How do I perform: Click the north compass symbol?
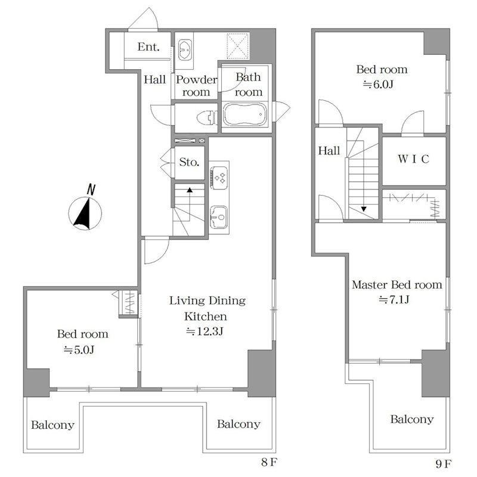85,210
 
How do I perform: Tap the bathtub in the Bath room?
245,114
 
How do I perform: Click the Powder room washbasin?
185,49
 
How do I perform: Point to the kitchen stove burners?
218,178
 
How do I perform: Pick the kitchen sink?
218,217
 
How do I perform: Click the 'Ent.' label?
148,47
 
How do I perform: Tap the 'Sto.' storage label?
189,162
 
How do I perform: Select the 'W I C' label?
413,159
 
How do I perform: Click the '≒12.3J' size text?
205,332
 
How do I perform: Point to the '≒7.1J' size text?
394,300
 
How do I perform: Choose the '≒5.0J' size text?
79,350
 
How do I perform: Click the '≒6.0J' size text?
378,84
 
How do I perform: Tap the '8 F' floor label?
270,463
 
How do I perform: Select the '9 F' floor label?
444,464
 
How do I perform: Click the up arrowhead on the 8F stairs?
190,190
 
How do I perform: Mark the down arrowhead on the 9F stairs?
364,209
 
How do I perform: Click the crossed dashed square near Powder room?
238,47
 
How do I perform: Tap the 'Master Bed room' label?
397,285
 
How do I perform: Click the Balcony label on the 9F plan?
412,419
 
